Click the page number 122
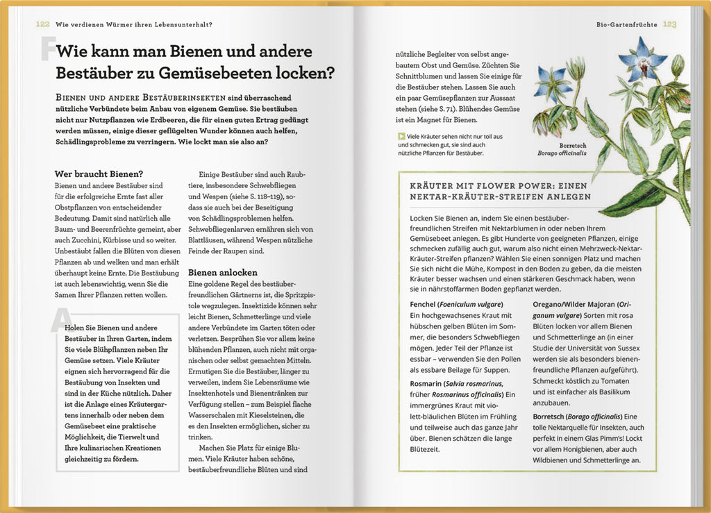43,24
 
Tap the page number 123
669,24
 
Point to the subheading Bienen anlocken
223,272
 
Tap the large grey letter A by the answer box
58,320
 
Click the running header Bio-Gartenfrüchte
627,24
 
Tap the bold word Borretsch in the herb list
551,416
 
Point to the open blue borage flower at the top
642,59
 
